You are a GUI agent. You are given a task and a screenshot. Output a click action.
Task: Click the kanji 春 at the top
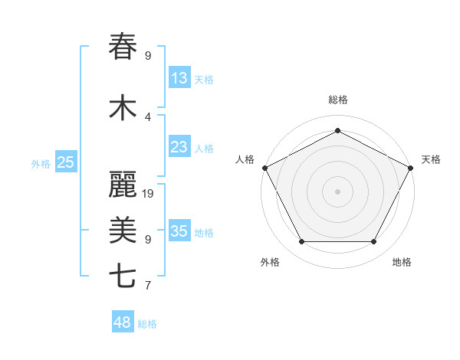(x=123, y=47)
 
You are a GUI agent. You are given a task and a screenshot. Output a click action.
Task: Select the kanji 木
(x=123, y=108)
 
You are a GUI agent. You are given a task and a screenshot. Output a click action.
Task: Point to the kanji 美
(x=123, y=231)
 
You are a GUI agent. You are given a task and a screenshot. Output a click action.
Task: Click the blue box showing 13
(x=179, y=78)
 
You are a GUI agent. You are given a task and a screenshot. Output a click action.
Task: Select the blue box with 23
(x=179, y=147)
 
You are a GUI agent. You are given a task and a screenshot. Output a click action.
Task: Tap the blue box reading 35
(x=179, y=231)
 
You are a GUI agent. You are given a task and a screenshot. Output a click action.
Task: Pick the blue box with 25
(x=66, y=162)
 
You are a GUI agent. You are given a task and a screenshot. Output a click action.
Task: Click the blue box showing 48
(x=123, y=322)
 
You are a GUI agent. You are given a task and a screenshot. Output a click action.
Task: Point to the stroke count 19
(x=149, y=194)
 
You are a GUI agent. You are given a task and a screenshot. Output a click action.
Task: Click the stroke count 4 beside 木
(x=148, y=117)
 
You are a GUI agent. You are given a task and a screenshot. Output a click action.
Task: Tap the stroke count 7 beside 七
(x=148, y=286)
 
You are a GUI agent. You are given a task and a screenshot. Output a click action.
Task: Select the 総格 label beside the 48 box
(x=148, y=324)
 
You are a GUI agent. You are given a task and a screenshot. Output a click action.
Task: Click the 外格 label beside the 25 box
(x=41, y=163)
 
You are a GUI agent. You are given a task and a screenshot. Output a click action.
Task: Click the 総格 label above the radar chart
(x=338, y=100)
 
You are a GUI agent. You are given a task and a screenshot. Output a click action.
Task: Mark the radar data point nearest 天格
(x=412, y=168)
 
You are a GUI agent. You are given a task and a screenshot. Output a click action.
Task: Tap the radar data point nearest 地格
(x=374, y=242)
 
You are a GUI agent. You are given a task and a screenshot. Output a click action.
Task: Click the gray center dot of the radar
(x=338, y=191)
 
